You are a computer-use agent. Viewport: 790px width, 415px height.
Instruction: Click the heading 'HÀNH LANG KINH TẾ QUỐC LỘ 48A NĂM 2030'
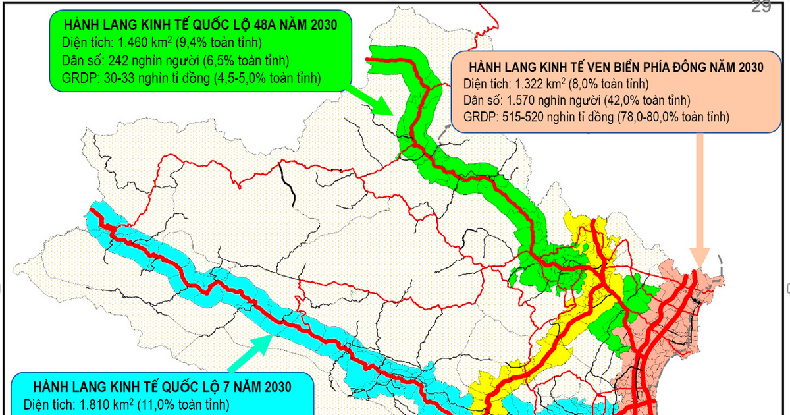pos(200,26)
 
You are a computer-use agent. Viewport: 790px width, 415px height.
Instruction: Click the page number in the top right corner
pos(761,7)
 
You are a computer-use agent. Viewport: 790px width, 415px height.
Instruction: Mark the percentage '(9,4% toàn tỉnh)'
pos(221,43)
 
